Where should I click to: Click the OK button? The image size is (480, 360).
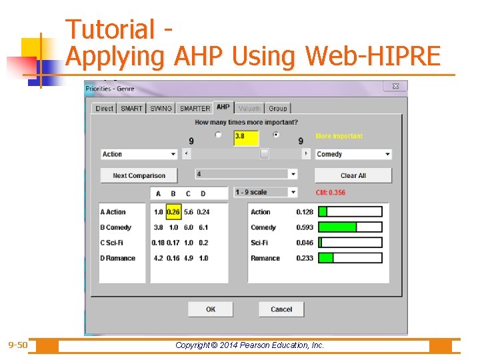(211, 309)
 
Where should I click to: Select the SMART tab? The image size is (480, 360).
(131, 108)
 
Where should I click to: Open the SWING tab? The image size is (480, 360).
(161, 108)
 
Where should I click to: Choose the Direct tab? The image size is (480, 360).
(105, 108)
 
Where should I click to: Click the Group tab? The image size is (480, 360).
(278, 108)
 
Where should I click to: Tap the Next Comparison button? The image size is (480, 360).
(139, 175)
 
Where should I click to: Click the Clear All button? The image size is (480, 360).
(353, 175)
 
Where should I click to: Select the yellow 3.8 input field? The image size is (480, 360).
(246, 137)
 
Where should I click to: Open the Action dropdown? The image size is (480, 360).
(139, 154)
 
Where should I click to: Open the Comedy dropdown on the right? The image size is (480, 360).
(353, 154)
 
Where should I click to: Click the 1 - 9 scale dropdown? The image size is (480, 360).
(265, 192)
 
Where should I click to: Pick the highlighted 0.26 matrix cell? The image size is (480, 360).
(173, 212)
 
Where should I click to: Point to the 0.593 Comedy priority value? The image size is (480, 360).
(305, 227)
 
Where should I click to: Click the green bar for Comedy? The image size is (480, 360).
(338, 227)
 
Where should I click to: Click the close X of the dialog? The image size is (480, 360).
(395, 87)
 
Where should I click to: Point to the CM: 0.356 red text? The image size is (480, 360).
(331, 193)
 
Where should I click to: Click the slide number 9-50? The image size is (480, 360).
(18, 345)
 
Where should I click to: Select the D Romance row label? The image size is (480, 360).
(118, 258)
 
